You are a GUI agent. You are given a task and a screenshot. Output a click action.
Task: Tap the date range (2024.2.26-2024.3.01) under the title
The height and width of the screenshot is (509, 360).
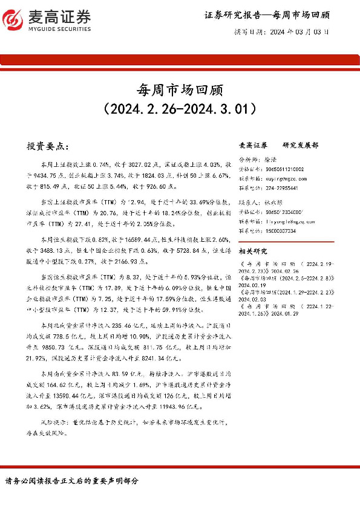180,109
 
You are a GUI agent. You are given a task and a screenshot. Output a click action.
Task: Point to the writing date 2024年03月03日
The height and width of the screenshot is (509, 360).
301,34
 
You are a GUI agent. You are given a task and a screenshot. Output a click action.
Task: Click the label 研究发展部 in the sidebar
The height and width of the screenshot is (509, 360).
300,146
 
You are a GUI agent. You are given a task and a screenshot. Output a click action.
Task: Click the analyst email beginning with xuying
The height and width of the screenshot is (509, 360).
278,179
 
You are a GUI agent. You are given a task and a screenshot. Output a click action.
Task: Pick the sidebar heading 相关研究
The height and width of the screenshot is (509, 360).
250,250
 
